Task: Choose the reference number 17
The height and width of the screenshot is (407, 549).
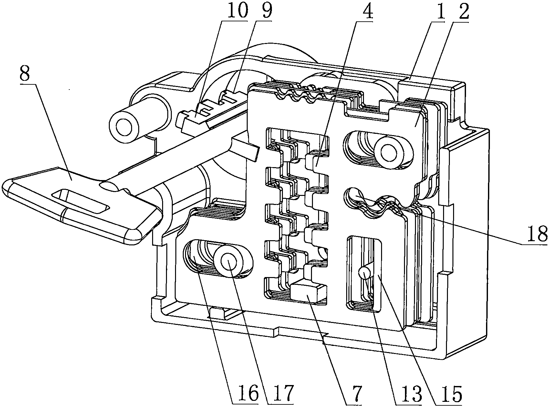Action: tap(282, 393)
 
